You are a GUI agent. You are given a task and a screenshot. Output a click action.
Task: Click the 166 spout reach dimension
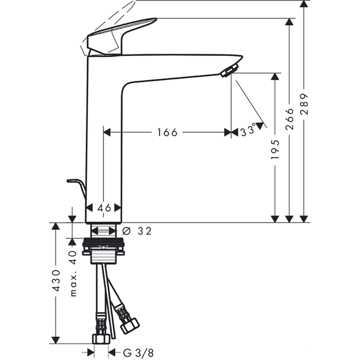(167, 133)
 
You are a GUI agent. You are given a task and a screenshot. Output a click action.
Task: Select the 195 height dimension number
(275, 149)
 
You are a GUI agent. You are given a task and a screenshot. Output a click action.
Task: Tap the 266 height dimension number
(290, 119)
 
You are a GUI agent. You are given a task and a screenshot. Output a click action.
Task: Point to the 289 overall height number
(304, 104)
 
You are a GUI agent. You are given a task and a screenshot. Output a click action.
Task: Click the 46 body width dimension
(104, 208)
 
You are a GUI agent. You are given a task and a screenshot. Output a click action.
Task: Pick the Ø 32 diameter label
(137, 231)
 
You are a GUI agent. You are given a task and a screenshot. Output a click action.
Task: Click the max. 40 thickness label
(73, 274)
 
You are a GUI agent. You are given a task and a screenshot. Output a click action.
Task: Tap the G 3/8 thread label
(138, 353)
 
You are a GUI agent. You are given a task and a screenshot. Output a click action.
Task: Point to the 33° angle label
(248, 130)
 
